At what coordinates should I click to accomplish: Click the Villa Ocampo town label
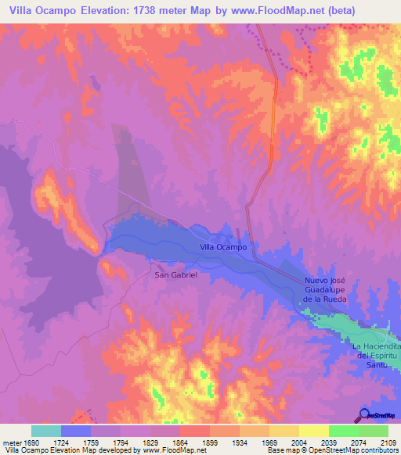click(224, 247)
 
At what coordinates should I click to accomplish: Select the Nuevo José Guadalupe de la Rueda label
click(330, 289)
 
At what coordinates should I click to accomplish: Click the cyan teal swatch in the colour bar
click(45, 430)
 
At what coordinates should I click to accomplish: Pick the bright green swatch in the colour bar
click(343, 430)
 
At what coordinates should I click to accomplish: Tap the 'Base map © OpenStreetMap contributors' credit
click(332, 450)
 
